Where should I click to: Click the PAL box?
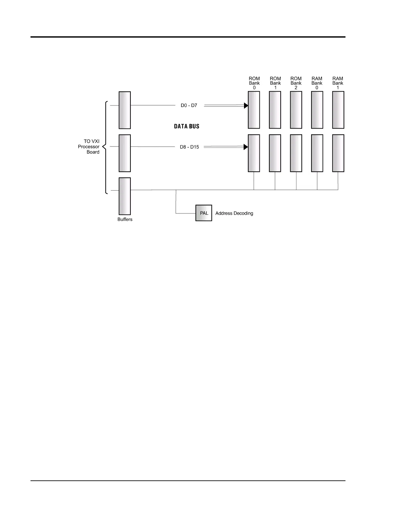coord(204,213)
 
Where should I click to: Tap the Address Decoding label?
coord(234,213)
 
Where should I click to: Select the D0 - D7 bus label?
coord(189,105)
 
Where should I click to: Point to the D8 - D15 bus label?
coord(189,147)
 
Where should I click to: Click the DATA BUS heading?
coord(187,126)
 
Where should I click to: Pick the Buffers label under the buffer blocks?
coord(125,219)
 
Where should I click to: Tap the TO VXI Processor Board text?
coord(89,147)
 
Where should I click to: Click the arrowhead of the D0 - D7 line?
coord(246,105)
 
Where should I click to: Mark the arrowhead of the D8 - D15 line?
coord(246,147)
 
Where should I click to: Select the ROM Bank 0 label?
coord(254,83)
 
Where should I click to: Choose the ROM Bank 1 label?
coord(275,83)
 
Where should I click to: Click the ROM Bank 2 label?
coord(296,83)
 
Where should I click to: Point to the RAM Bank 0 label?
coord(317,83)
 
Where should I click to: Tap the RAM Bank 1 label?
coord(338,83)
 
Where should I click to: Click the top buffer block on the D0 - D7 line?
coord(125,110)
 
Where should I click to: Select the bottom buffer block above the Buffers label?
coord(125,196)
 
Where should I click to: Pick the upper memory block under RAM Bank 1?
coord(338,110)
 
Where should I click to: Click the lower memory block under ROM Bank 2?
coord(296,153)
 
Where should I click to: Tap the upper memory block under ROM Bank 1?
coord(275,110)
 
